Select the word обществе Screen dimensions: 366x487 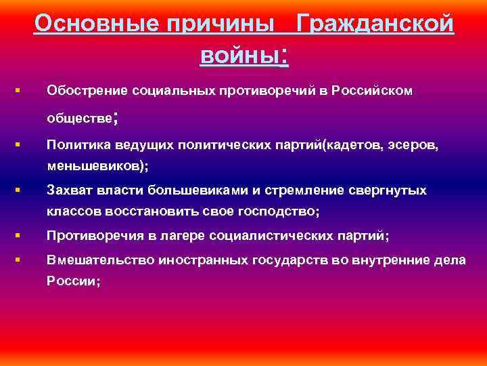pyautogui.click(x=79, y=118)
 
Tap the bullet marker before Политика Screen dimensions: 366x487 pyautogui.click(x=16, y=144)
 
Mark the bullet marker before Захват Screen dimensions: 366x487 pyautogui.click(x=16, y=190)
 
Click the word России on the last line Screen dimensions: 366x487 pyautogui.click(x=71, y=282)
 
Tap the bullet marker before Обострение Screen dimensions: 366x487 pyautogui.click(x=16, y=89)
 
